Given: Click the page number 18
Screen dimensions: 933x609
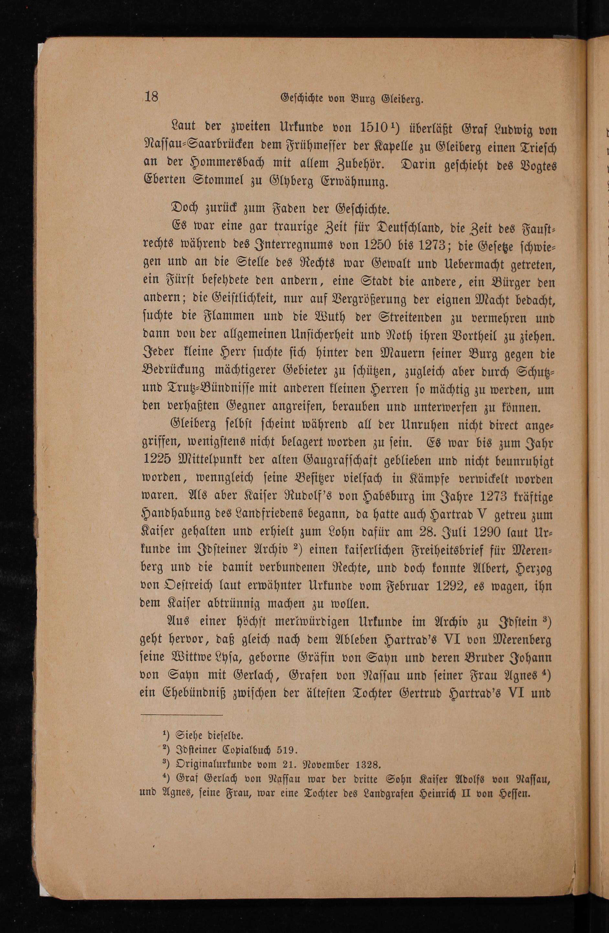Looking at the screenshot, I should pyautogui.click(x=151, y=96).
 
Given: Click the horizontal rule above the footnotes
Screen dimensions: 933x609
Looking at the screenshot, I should pyautogui.click(x=181, y=714).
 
